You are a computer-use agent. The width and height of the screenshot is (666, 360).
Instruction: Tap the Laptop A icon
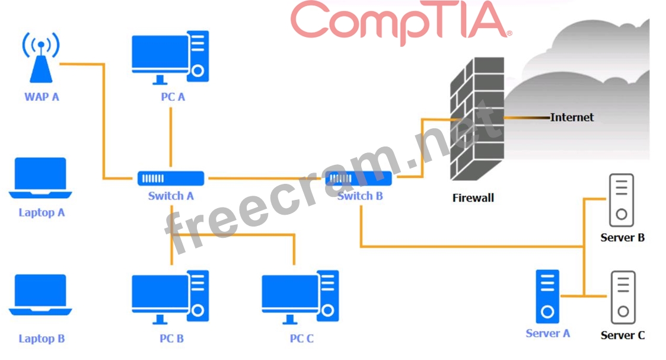point(40,177)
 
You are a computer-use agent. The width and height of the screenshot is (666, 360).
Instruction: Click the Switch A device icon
point(171,178)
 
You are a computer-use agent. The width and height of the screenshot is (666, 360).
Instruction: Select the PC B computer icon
point(170,297)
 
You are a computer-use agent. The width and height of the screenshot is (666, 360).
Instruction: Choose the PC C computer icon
point(301,297)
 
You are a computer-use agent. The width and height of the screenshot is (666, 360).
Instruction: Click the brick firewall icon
point(477,119)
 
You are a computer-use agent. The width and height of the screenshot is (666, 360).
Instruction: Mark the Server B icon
point(622,199)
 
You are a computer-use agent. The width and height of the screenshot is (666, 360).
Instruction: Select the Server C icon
point(623,297)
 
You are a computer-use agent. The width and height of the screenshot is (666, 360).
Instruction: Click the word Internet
point(572,117)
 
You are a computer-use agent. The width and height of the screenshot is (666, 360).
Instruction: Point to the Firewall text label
point(473,198)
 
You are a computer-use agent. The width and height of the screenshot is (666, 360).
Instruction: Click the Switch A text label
point(171,196)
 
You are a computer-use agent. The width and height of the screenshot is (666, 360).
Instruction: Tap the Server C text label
point(623,336)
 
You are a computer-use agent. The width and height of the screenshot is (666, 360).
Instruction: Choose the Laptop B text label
point(42,339)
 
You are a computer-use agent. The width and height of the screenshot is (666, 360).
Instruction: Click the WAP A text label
point(42,96)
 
